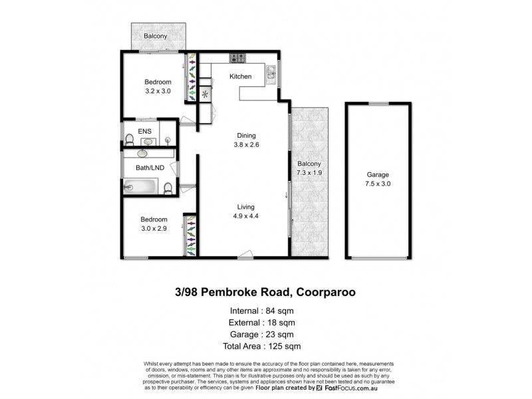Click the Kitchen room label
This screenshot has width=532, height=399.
tap(240, 76)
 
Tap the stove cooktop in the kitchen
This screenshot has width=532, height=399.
tap(237, 58)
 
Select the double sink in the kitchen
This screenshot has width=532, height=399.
tap(273, 73)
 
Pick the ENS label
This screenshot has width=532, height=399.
tap(144, 131)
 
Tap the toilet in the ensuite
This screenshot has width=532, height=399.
tap(129, 140)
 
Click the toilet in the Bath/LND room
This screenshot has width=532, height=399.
tap(169, 188)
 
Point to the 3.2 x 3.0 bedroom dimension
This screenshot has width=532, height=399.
tap(158, 92)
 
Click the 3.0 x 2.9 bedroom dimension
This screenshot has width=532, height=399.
tap(153, 229)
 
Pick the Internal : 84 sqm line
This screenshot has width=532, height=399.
tap(261, 310)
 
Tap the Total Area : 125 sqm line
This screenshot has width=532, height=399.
tap(261, 346)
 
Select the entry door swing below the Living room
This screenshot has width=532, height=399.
tap(246, 253)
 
